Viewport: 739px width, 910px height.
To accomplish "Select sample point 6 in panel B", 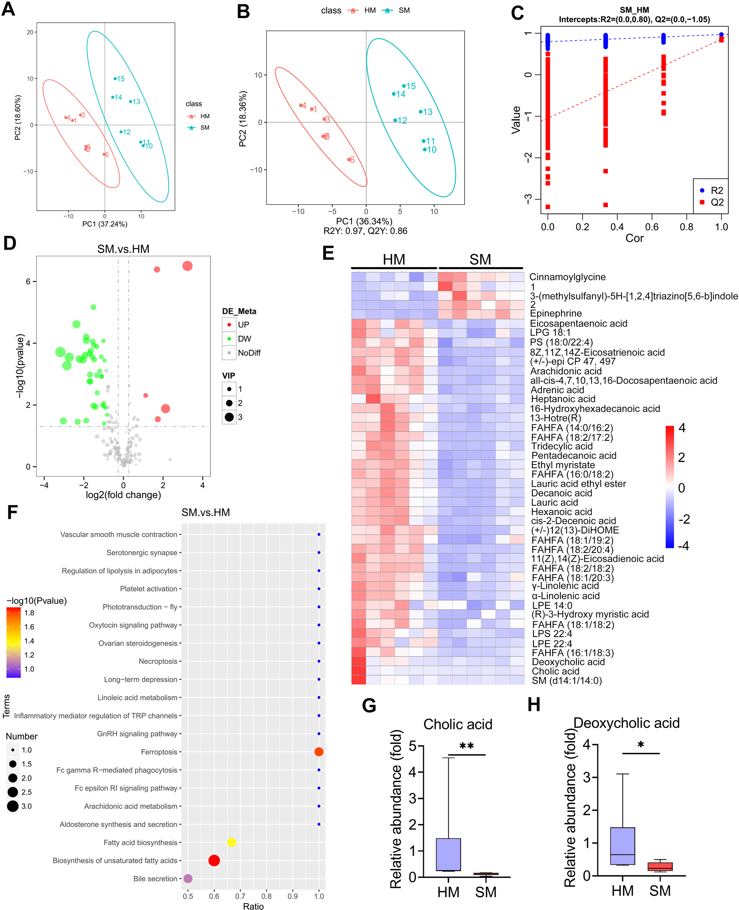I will click(349, 160).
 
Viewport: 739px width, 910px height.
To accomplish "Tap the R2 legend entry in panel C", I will click(711, 190).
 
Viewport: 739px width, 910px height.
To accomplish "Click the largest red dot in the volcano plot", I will click(187, 266).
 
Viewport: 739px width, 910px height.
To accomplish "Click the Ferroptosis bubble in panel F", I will click(319, 752).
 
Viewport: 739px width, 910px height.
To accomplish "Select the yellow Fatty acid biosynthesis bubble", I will click(232, 842).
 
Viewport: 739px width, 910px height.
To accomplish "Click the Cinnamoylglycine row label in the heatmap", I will click(567, 277).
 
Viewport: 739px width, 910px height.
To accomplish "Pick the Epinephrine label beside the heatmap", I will click(556, 314).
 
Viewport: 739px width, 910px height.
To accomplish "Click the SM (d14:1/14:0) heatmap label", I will click(567, 680).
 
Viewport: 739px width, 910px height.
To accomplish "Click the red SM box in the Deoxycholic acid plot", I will click(660, 867).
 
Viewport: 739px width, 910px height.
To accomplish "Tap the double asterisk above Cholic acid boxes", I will click(466, 746).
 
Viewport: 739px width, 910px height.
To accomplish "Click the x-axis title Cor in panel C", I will click(634, 238).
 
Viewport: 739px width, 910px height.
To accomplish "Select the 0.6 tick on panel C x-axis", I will click(652, 226).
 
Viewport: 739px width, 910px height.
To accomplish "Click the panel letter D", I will click(9, 243).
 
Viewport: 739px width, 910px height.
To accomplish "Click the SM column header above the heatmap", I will click(480, 259).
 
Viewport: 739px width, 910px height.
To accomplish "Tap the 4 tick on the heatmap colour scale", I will click(682, 428).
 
